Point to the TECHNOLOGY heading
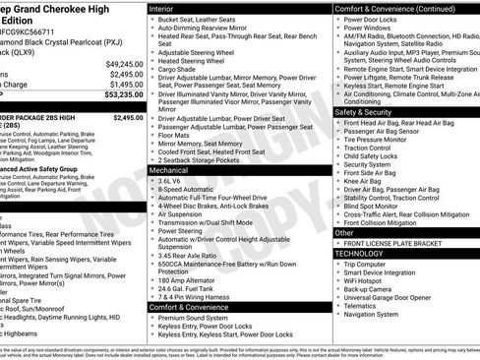click(x=360, y=253)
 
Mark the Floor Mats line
click(x=177, y=134)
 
